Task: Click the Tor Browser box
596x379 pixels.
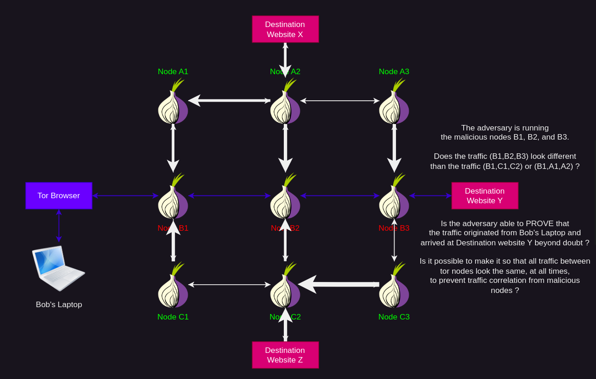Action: (x=59, y=195)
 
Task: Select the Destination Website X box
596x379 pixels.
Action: (x=285, y=29)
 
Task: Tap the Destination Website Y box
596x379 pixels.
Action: (x=485, y=195)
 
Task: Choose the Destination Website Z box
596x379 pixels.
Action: (x=285, y=355)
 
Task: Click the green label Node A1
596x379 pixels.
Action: (x=173, y=71)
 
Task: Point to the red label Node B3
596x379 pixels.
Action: (x=394, y=228)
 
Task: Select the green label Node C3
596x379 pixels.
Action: (x=394, y=317)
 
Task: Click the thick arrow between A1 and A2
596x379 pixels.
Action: (x=229, y=101)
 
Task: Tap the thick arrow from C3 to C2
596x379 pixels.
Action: (x=339, y=284)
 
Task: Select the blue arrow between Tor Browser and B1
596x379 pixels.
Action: (x=125, y=196)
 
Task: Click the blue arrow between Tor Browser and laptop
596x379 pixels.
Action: (x=59, y=225)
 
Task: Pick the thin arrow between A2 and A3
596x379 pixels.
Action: (x=340, y=101)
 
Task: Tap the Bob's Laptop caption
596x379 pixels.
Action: (x=59, y=304)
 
